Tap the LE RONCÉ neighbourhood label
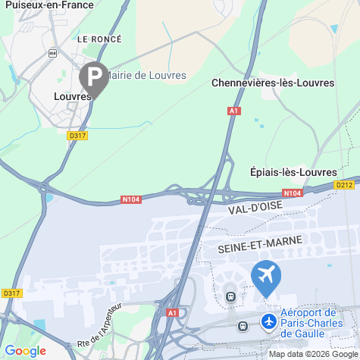[x=100, y=37]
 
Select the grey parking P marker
[x=94, y=77]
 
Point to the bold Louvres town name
[x=72, y=96]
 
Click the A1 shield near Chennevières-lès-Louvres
[x=234, y=111]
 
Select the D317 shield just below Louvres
[x=77, y=135]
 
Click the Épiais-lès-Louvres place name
[x=293, y=172]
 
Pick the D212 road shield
[x=345, y=184]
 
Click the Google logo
[x=25, y=351]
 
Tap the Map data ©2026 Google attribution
[x=312, y=354]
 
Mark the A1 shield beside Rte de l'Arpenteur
[x=173, y=312]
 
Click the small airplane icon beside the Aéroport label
[x=268, y=321]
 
